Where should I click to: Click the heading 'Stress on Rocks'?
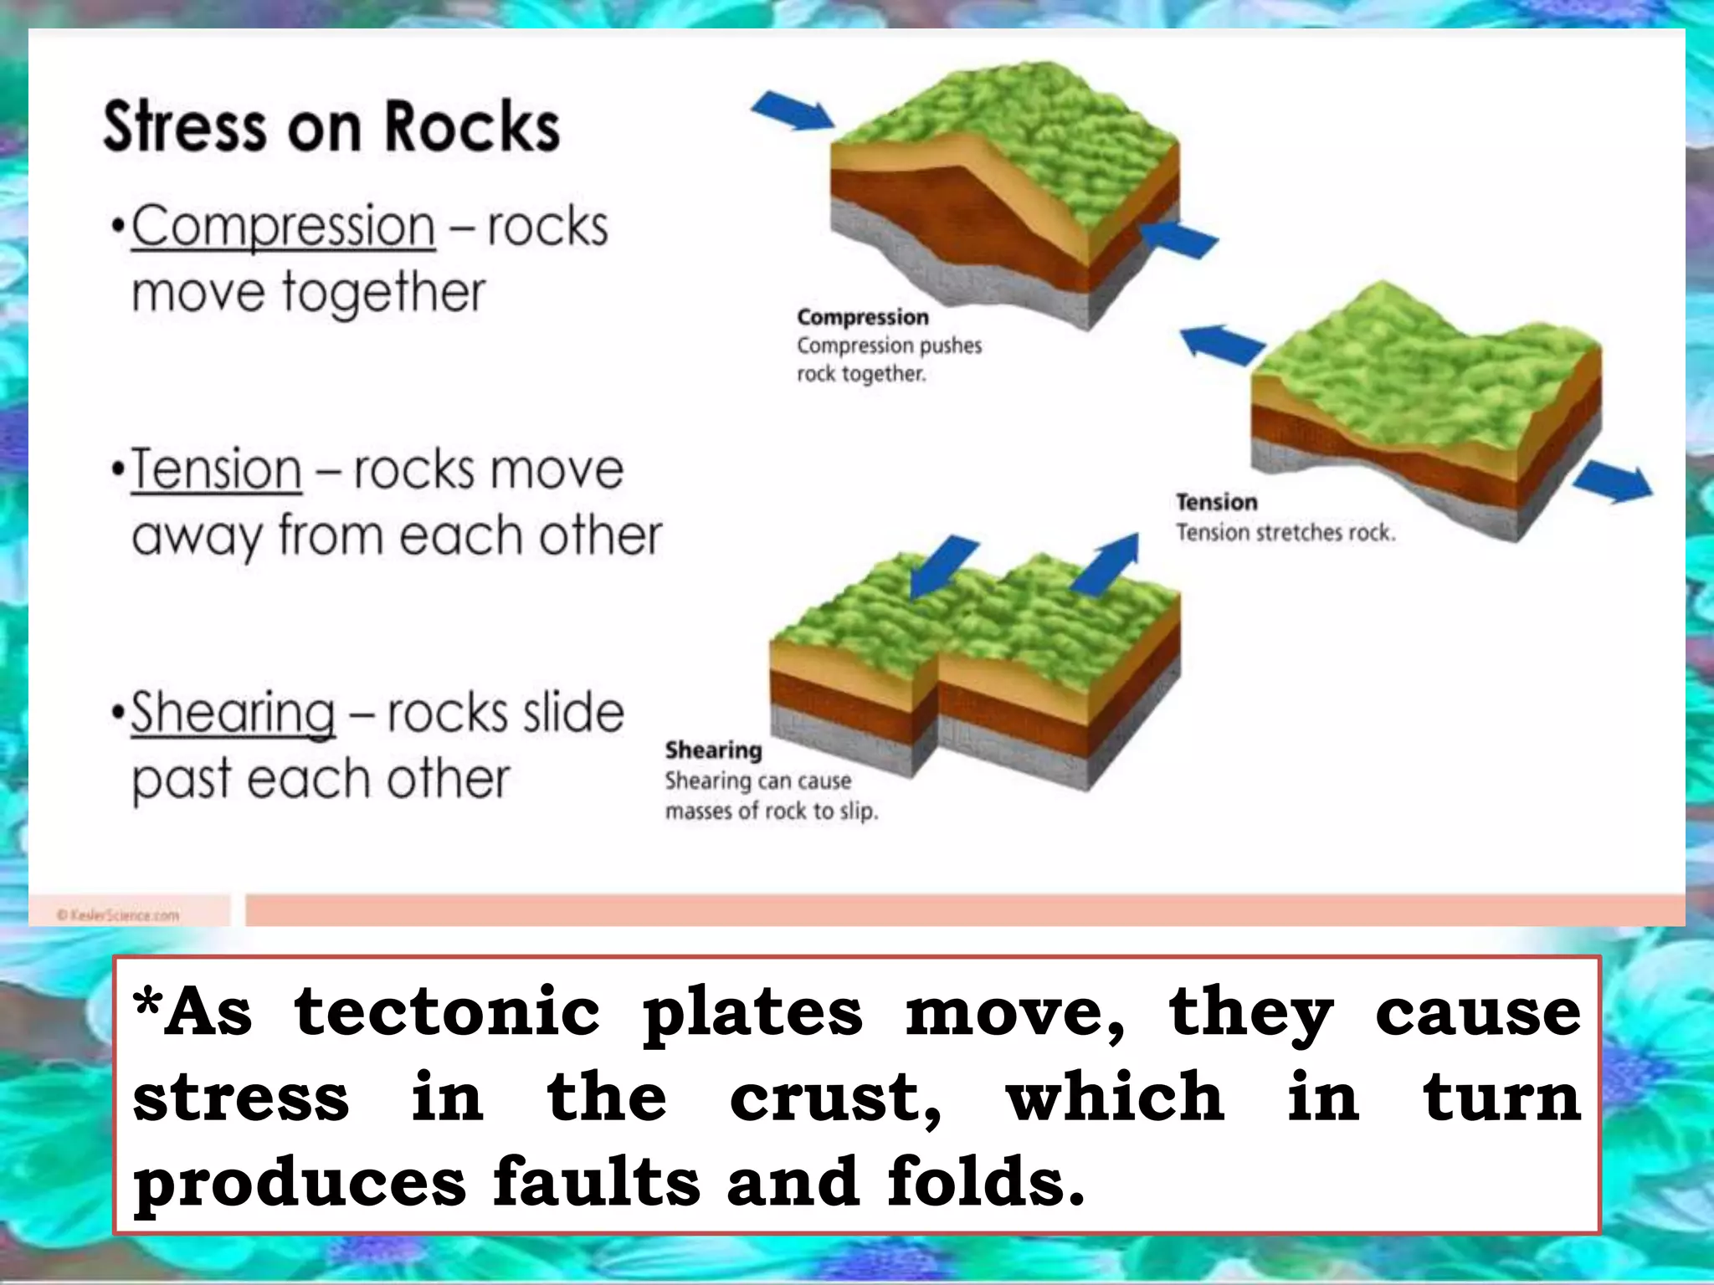click(331, 127)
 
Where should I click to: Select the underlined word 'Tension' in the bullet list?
click(216, 469)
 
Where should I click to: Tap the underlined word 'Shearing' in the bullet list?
click(233, 713)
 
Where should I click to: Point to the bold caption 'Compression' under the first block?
click(862, 318)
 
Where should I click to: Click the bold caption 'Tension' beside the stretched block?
click(1216, 502)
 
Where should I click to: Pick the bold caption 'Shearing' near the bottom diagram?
click(713, 750)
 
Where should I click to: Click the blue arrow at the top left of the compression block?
click(792, 111)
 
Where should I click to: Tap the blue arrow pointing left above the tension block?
click(1221, 343)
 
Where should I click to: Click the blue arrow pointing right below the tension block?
click(1613, 483)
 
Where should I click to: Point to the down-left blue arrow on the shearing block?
click(942, 567)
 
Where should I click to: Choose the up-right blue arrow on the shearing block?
click(1107, 563)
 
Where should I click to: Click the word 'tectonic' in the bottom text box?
click(448, 1011)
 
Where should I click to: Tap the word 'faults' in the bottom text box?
click(596, 1182)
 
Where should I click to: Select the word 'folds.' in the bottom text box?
click(985, 1182)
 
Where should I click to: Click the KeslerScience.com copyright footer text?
click(118, 915)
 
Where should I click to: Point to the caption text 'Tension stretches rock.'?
click(1285, 533)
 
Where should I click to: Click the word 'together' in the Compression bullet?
click(383, 293)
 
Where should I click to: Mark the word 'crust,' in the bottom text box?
click(834, 1098)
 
